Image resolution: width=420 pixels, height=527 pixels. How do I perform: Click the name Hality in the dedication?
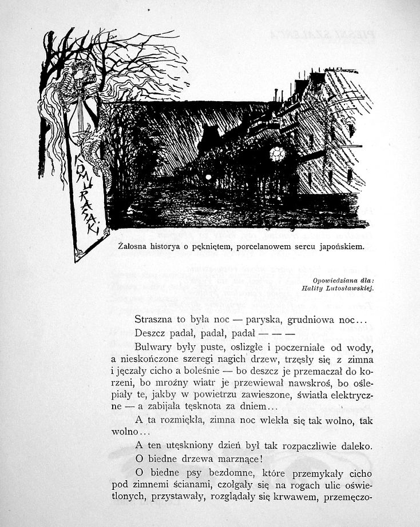click(x=311, y=288)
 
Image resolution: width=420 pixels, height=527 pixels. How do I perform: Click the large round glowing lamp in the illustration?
click(x=278, y=154)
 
